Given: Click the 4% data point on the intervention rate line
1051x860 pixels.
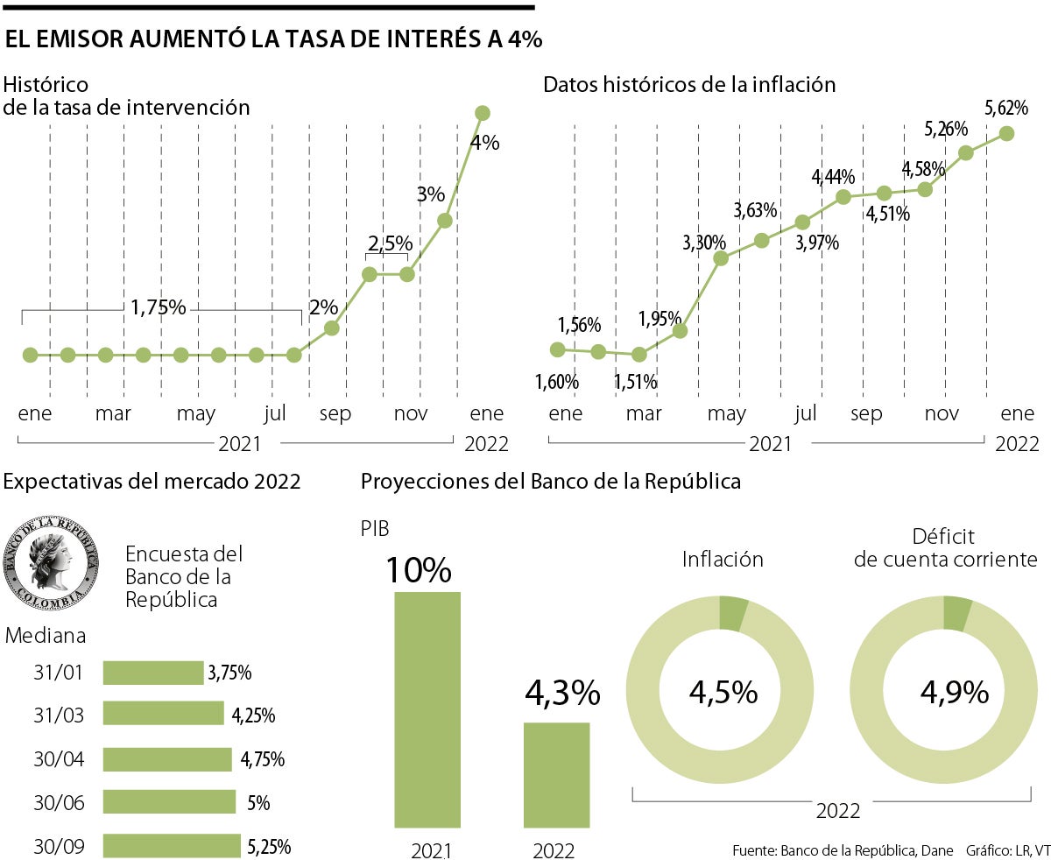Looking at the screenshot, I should (x=482, y=113).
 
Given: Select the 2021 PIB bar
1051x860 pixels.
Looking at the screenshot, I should (x=427, y=709).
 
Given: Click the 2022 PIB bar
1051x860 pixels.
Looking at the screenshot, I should (x=556, y=774).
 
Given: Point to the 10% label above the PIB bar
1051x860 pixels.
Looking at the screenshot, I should (x=419, y=570).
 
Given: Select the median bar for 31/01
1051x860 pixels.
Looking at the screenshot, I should (x=153, y=673).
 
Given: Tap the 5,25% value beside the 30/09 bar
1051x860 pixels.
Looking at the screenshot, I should (x=269, y=847).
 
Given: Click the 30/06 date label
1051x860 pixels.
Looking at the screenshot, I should (x=59, y=802).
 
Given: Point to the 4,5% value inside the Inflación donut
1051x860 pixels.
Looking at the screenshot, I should (x=723, y=693).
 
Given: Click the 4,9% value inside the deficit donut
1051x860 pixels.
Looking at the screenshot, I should (x=954, y=693).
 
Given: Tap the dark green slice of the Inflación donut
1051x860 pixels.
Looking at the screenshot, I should (x=732, y=613).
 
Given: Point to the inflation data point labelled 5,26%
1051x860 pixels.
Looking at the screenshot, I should (x=966, y=153).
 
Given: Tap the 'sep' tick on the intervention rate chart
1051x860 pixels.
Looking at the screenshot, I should (x=335, y=413).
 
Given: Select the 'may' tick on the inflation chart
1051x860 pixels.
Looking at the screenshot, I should (x=727, y=413).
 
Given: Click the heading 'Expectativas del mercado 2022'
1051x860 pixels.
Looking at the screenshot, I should (x=152, y=481).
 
